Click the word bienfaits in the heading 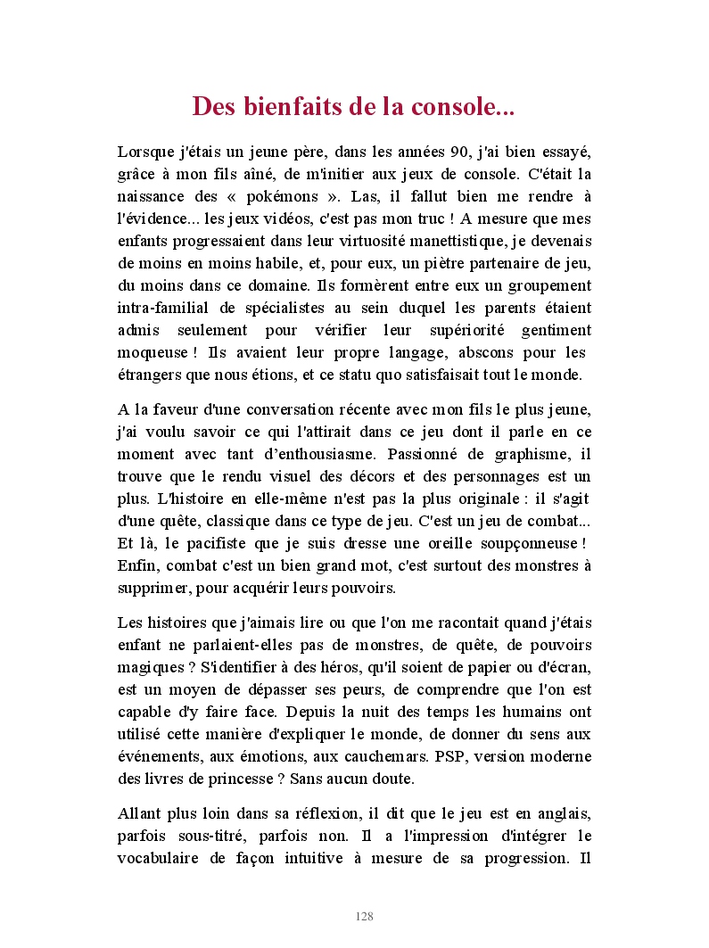[284, 107]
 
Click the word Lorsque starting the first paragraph [145, 152]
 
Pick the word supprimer [150, 588]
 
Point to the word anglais [561, 814]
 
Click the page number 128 [364, 917]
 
